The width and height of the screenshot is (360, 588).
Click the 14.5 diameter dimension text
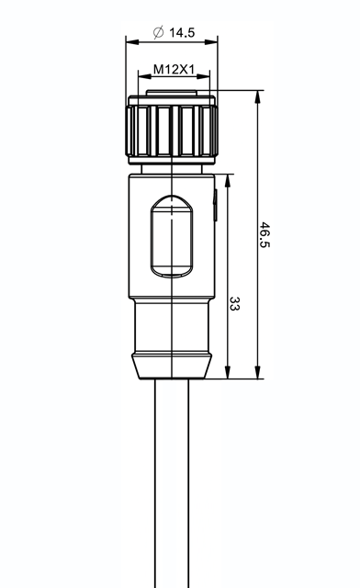[182, 33]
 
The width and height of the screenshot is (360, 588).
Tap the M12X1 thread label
[174, 70]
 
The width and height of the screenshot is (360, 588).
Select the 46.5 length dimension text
[264, 234]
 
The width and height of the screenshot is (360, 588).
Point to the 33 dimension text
[234, 304]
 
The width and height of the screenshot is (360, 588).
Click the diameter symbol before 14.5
[159, 32]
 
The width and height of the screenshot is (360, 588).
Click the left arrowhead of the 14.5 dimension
[132, 42]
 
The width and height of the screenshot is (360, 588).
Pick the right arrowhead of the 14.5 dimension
[211, 42]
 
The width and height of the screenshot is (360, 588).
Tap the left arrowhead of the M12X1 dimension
[145, 76]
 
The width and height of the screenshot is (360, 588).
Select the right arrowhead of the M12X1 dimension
[203, 76]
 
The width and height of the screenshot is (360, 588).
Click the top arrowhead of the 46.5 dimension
[258, 97]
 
